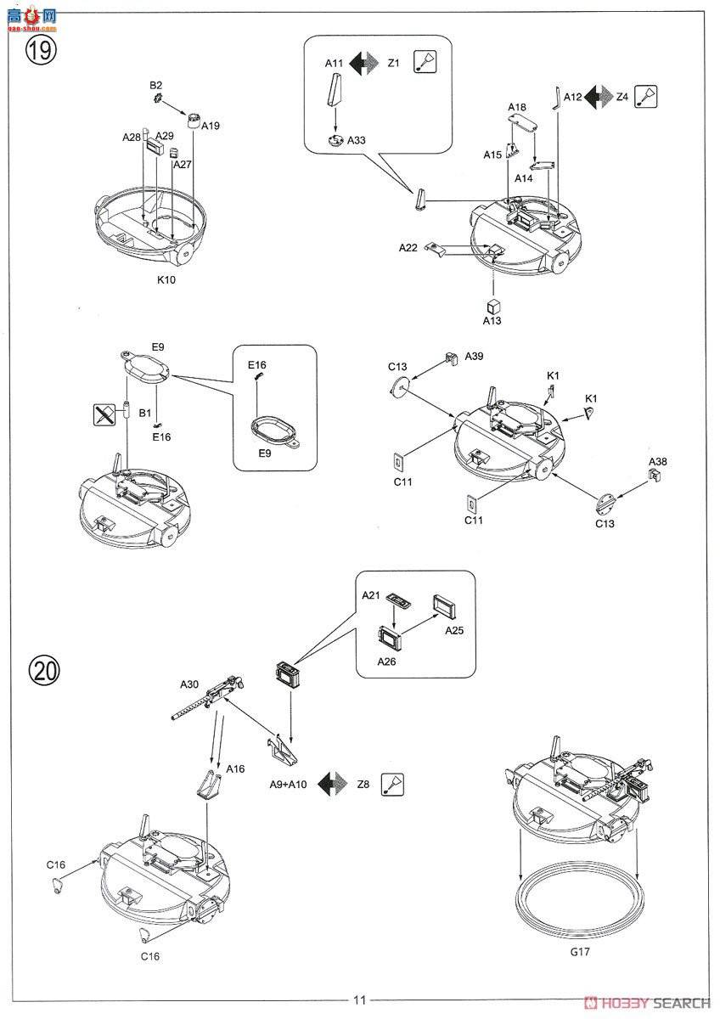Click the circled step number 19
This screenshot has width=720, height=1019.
click(41, 49)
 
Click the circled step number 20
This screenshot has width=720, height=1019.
click(44, 671)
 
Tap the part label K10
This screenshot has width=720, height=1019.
click(166, 279)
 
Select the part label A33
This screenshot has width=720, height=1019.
click(356, 140)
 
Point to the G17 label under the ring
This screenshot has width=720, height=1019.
click(579, 951)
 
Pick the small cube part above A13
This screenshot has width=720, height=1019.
click(493, 307)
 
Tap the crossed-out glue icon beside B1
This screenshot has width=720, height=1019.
click(104, 414)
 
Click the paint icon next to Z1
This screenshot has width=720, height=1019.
click(425, 61)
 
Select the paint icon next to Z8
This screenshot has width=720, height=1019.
click(392, 785)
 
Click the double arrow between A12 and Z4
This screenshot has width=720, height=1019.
click(599, 97)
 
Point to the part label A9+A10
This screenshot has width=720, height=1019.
click(288, 785)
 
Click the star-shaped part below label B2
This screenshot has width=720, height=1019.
click(158, 98)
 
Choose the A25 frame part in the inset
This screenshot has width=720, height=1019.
click(444, 606)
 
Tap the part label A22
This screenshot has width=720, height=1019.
click(408, 247)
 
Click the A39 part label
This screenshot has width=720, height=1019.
click(474, 356)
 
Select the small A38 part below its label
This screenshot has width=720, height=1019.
click(654, 476)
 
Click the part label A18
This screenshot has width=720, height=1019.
click(517, 107)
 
